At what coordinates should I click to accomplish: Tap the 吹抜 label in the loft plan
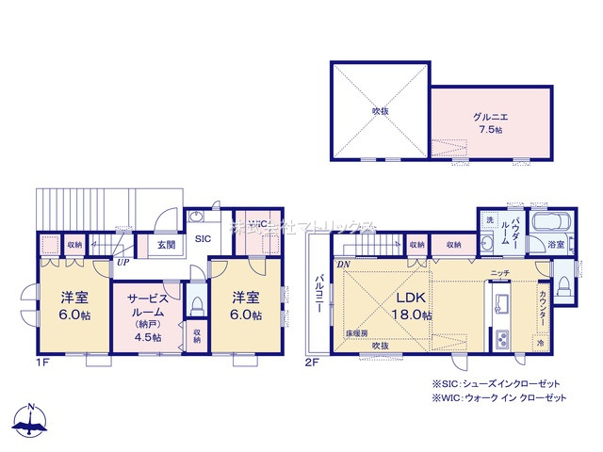[380, 110]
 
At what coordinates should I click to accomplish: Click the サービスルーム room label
[146, 313]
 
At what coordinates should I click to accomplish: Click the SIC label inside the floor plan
[203, 239]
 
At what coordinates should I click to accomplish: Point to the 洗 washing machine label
[490, 219]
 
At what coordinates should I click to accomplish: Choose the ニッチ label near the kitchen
[499, 273]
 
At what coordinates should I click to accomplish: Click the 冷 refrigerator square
[541, 344]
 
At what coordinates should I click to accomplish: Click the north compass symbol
[31, 420]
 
